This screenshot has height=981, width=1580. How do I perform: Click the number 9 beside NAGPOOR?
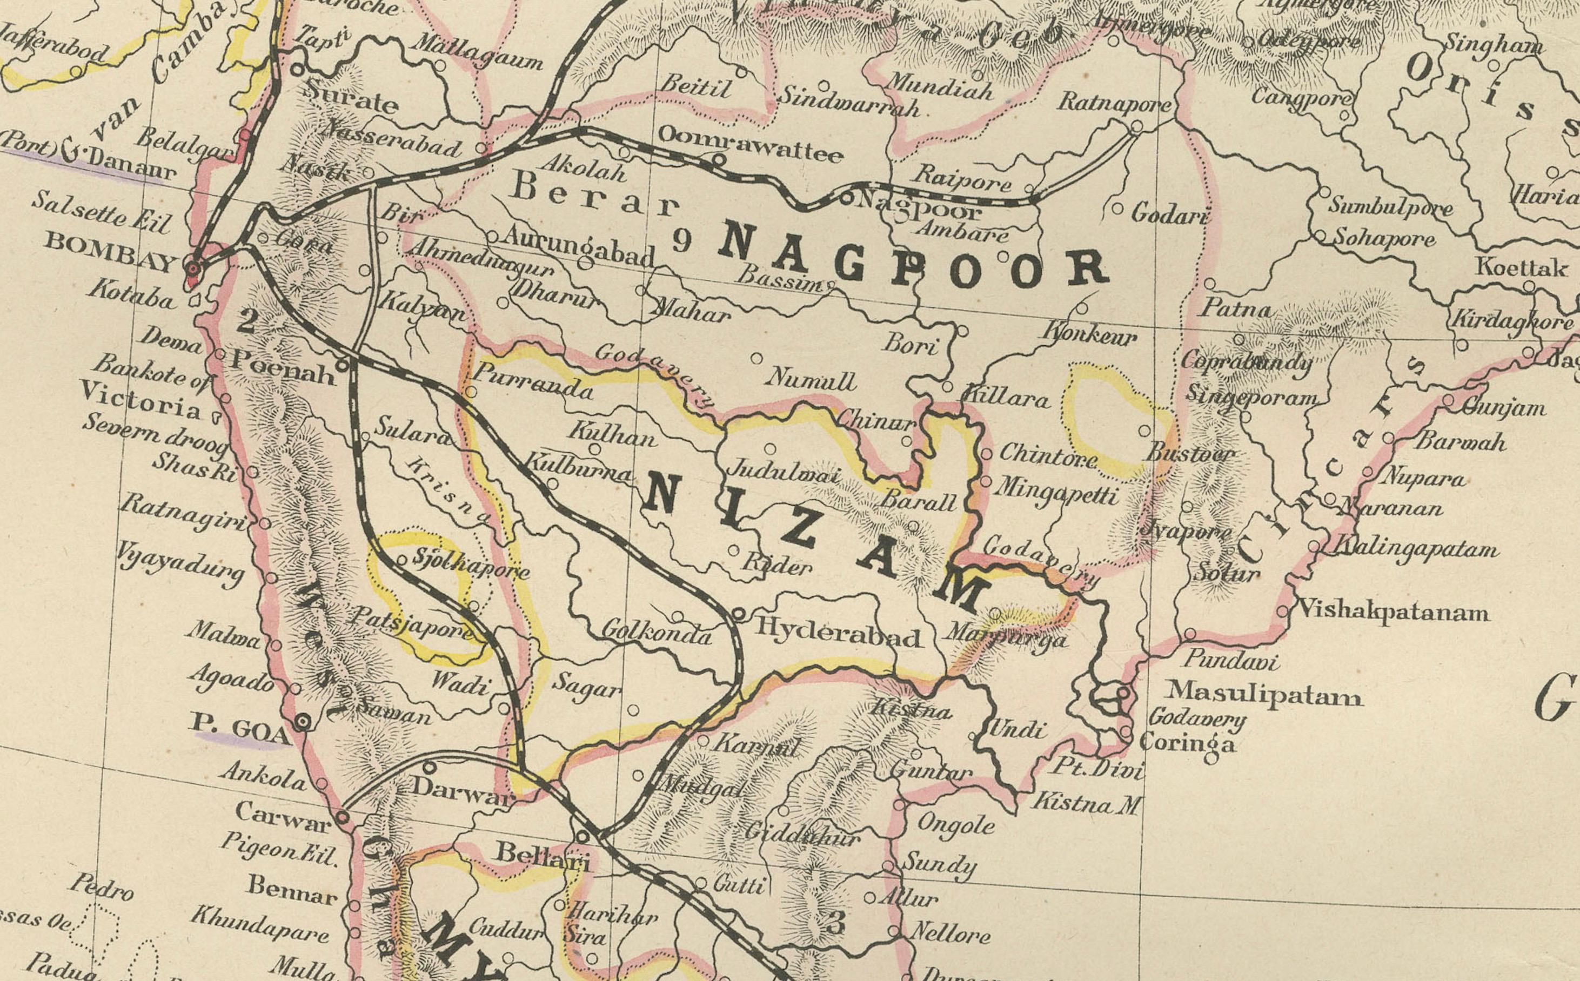tap(681, 241)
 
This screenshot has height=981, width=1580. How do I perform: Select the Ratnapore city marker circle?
tap(1136, 127)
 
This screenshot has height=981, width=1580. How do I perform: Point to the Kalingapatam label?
tap(1415, 548)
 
